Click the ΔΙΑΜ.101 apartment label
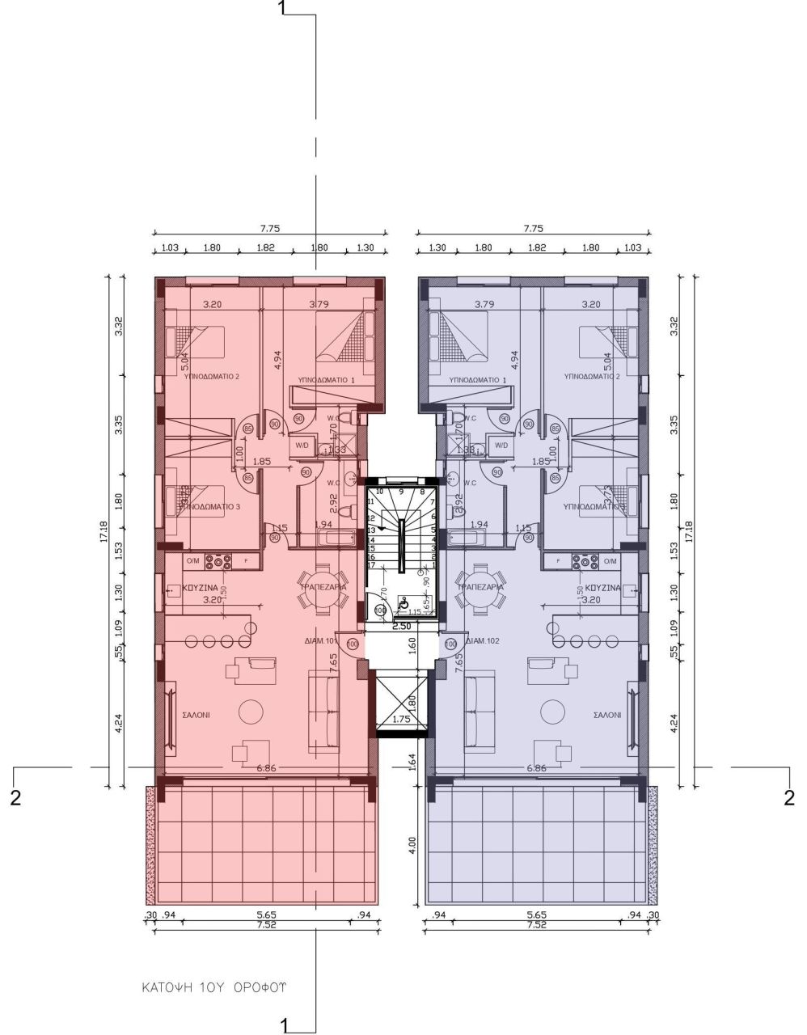[x=319, y=638]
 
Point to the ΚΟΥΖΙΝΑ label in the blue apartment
[x=603, y=588]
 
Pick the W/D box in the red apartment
[x=301, y=444]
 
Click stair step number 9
[x=401, y=491]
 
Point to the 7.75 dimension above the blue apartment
[x=533, y=229]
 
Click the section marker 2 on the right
[x=790, y=797]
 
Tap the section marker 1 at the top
[x=281, y=8]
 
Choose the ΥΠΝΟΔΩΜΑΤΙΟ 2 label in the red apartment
[x=212, y=377]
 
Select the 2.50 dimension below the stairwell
[x=400, y=626]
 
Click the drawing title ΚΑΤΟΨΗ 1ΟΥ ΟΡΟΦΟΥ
[x=214, y=987]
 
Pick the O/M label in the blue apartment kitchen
[x=609, y=560]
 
